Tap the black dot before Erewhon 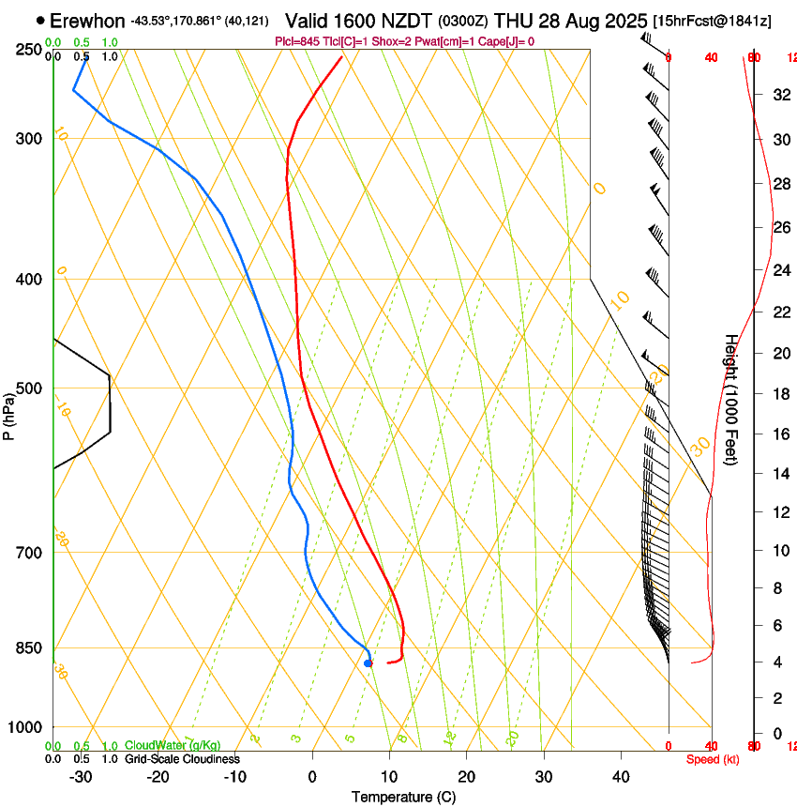pyautogui.click(x=40, y=20)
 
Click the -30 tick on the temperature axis pyautogui.click(x=81, y=777)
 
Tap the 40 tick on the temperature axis pyautogui.click(x=621, y=777)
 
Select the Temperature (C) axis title pyautogui.click(x=403, y=797)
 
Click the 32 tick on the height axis pyautogui.click(x=779, y=94)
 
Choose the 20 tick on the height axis pyautogui.click(x=779, y=353)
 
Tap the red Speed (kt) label pyautogui.click(x=713, y=759)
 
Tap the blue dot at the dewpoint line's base pyautogui.click(x=368, y=663)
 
